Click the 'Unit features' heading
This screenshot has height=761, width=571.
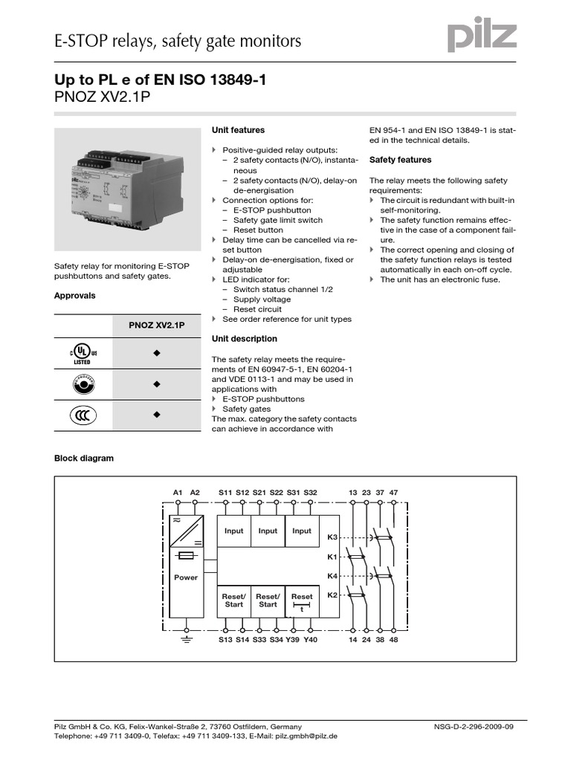click(238, 130)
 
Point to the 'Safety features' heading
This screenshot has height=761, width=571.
click(400, 160)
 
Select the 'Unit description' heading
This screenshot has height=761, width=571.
click(244, 339)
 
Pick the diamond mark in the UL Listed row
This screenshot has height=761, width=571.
click(157, 354)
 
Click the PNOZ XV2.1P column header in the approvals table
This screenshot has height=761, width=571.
click(157, 326)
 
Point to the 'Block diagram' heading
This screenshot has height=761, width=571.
click(84, 459)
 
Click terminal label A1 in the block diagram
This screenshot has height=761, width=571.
click(178, 492)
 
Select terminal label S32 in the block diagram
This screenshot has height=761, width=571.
click(310, 492)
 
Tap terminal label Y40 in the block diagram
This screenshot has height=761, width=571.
click(310, 639)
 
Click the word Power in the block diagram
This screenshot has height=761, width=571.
click(186, 577)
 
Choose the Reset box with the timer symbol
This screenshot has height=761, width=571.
click(302, 600)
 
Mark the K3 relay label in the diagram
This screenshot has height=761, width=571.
click(332, 537)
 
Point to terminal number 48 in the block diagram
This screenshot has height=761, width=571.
click(393, 639)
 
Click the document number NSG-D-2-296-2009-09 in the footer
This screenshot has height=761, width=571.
click(473, 726)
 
